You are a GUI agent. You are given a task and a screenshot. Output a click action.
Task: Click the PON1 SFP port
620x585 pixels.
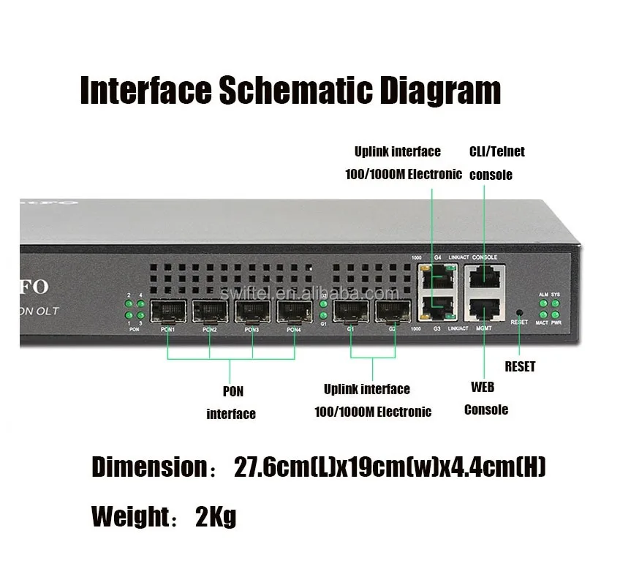pos(167,313)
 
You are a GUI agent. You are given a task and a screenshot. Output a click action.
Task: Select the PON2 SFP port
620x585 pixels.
pos(210,313)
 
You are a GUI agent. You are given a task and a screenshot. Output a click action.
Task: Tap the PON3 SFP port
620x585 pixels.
pos(252,313)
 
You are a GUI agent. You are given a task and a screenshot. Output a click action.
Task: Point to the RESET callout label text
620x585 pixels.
pos(520,366)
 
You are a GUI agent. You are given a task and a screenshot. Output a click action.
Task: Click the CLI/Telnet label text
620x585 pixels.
pos(497,152)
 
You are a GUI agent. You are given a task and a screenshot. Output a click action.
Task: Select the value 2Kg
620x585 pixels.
pos(216,516)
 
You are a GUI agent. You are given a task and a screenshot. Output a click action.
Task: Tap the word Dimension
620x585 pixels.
pos(150,467)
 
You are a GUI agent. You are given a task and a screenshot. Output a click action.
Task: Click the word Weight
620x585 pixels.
pos(130,516)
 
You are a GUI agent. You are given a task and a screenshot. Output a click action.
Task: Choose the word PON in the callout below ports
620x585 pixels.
pos(233,390)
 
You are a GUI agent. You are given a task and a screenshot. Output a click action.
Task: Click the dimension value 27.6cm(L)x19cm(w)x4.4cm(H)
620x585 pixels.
pos(390,467)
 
